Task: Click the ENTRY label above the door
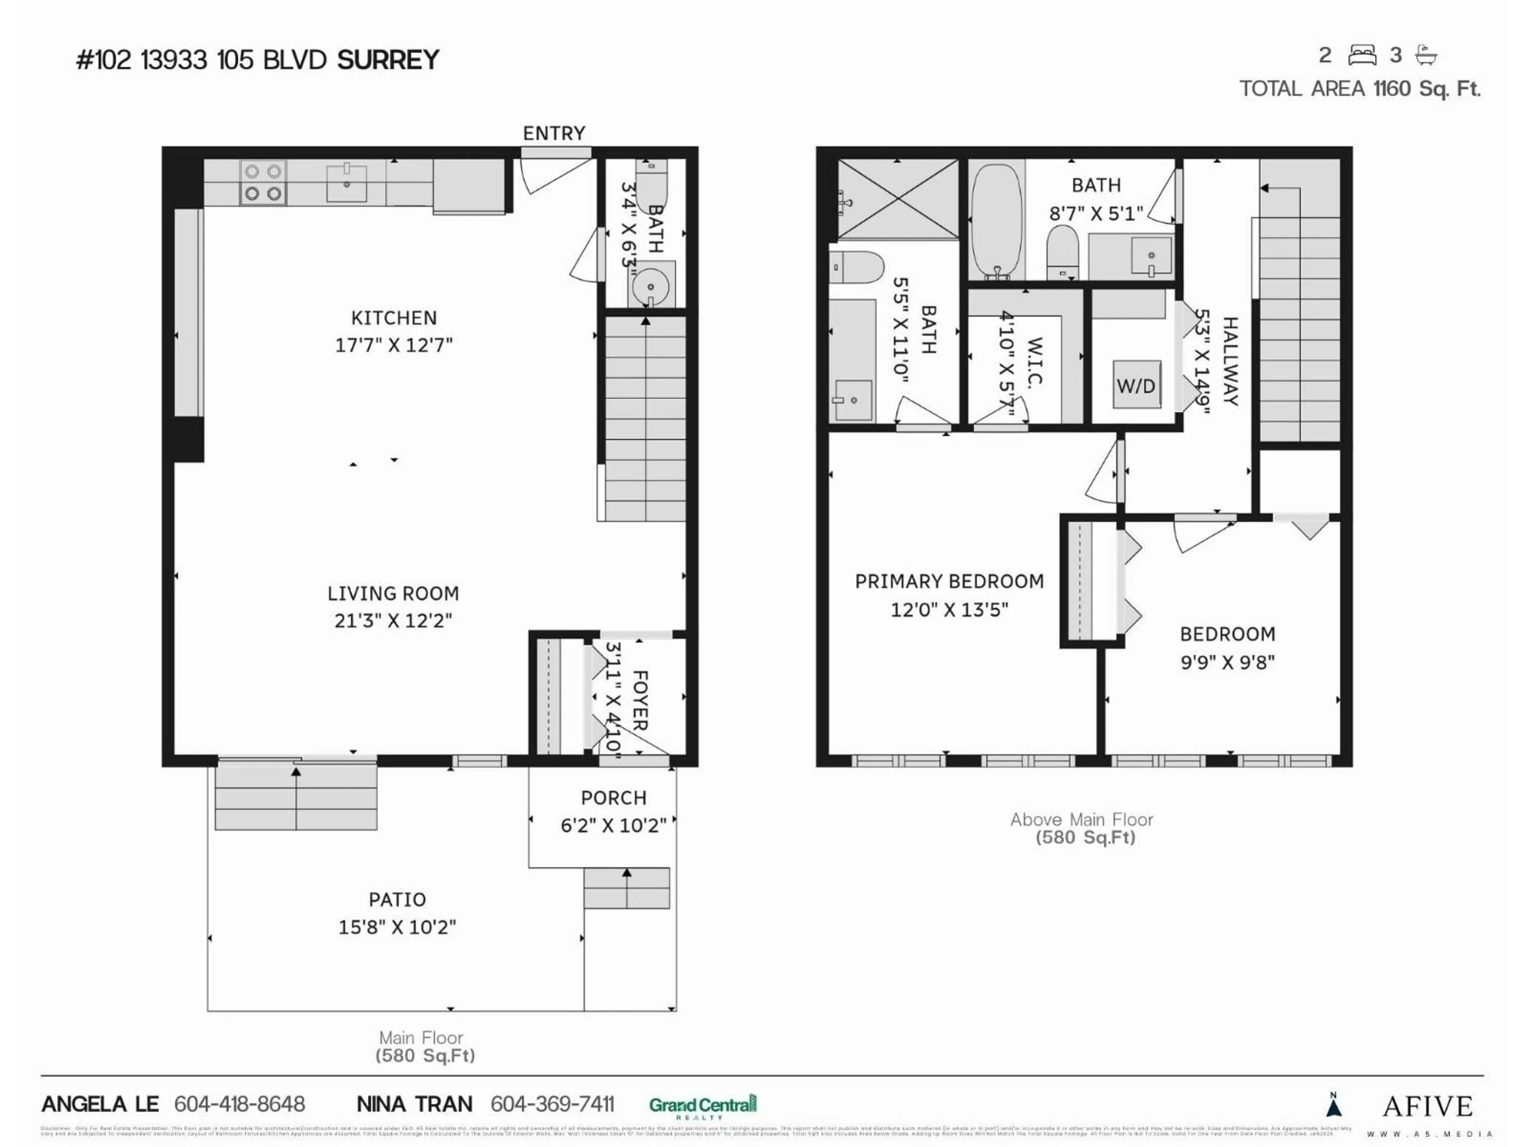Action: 554,133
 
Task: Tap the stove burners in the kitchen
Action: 263,182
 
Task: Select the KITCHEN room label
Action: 394,318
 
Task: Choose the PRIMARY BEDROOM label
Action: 949,581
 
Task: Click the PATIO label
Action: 397,900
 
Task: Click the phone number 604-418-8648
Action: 239,1104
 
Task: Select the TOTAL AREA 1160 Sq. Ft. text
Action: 1359,89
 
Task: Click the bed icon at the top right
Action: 1362,55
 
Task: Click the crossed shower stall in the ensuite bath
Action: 898,200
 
